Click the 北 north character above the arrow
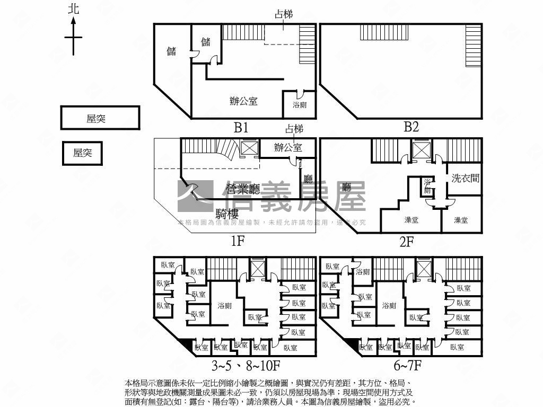(x=74, y=9)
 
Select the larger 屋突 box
(x=100, y=118)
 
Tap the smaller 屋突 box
(x=82, y=153)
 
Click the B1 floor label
(x=241, y=127)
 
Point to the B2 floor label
(x=411, y=127)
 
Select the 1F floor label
(x=237, y=242)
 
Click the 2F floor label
(x=406, y=242)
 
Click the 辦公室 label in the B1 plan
(x=243, y=101)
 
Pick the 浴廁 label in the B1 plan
(x=300, y=105)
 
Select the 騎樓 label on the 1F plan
(x=229, y=214)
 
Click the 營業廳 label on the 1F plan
(x=243, y=189)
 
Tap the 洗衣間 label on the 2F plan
(x=466, y=178)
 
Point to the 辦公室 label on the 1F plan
(x=288, y=147)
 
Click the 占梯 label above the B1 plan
(x=283, y=14)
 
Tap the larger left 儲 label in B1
(x=172, y=51)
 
